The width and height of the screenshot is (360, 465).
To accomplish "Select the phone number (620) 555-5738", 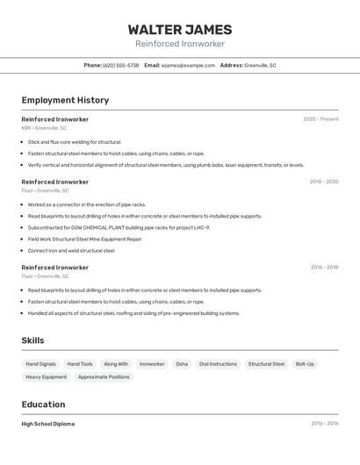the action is coord(120,65).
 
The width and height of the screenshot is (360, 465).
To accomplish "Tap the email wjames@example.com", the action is coord(188,65).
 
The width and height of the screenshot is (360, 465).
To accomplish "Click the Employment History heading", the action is coord(65,100).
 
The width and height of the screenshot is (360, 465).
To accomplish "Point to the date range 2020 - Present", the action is coord(320,119).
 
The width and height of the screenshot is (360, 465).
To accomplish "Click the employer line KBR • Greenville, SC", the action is coord(44,128).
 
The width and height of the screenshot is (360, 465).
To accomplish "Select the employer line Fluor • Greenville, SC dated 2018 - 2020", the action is coord(45,190).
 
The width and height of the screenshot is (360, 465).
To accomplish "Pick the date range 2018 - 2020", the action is coord(323,182).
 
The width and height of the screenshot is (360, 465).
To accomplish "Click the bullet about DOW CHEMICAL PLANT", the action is coord(119,227).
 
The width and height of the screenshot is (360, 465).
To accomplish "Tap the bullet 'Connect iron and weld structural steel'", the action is coord(71,250).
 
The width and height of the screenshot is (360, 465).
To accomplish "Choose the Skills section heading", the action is coord(32,340).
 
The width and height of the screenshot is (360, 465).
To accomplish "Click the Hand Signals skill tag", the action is coord(40,364).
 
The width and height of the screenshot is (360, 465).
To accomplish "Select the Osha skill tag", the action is coord(182,364).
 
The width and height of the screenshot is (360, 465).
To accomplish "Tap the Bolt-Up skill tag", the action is coord(305,364).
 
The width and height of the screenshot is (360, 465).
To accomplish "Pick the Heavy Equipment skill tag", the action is coord(46,377).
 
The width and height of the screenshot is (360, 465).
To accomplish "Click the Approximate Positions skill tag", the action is coord(104,377).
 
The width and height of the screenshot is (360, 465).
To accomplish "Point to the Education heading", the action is coord(43,404).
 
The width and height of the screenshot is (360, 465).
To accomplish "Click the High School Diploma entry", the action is coord(47,424).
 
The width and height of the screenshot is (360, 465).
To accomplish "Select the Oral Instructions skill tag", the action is coord(218,364).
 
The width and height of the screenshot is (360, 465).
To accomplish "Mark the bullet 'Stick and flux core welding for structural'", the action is coord(75,142).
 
